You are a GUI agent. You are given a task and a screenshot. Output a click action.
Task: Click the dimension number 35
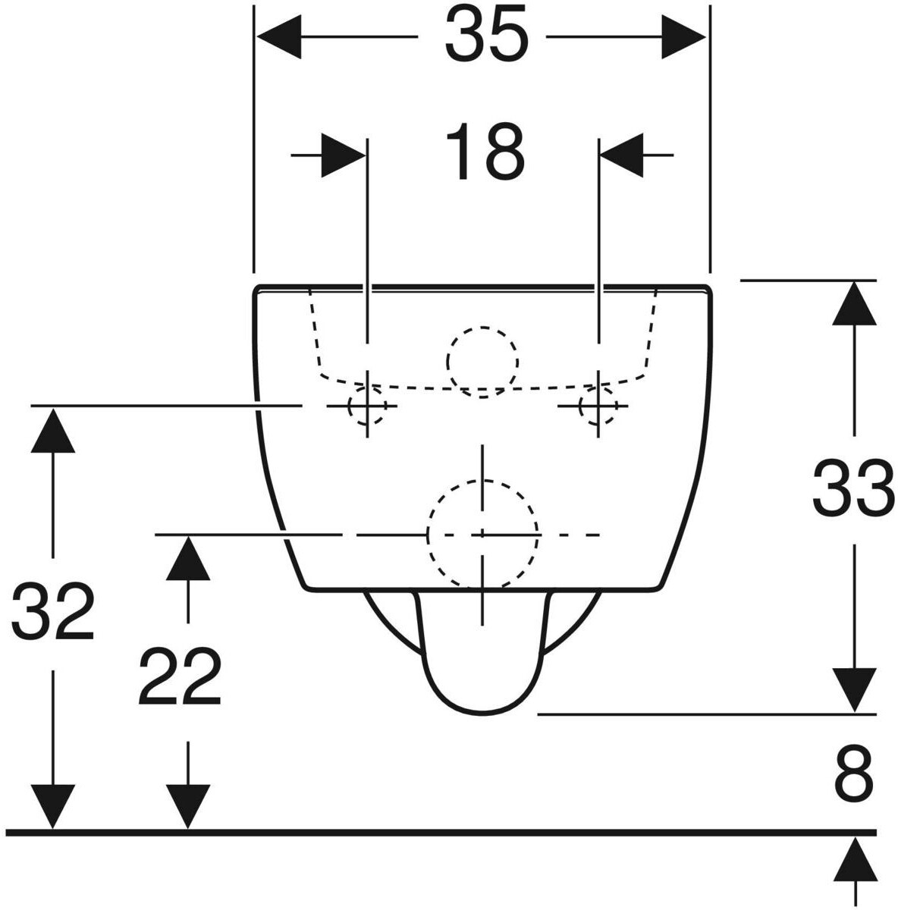point(485,36)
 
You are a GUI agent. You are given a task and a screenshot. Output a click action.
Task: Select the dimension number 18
point(485,153)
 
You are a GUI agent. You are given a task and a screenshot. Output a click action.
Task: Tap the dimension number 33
point(853,489)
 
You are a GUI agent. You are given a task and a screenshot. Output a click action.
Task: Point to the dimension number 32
point(52,610)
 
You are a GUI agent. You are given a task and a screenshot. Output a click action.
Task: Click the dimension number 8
point(854,775)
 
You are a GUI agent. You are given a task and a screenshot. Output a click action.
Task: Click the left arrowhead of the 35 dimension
point(279,36)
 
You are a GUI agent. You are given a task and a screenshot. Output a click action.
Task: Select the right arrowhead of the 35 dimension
point(684,36)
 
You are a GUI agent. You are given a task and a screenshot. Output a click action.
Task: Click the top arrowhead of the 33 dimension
point(855,303)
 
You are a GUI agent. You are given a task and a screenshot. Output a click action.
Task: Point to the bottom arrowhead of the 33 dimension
point(855,690)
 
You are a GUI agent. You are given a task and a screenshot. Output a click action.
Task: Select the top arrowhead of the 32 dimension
point(52,429)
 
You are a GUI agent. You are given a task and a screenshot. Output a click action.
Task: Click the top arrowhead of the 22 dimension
point(187,558)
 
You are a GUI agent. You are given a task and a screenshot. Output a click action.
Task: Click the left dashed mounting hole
point(366,406)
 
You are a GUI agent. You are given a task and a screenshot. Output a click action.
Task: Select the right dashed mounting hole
point(598,406)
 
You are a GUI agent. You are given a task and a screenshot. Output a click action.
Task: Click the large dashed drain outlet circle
point(483,534)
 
